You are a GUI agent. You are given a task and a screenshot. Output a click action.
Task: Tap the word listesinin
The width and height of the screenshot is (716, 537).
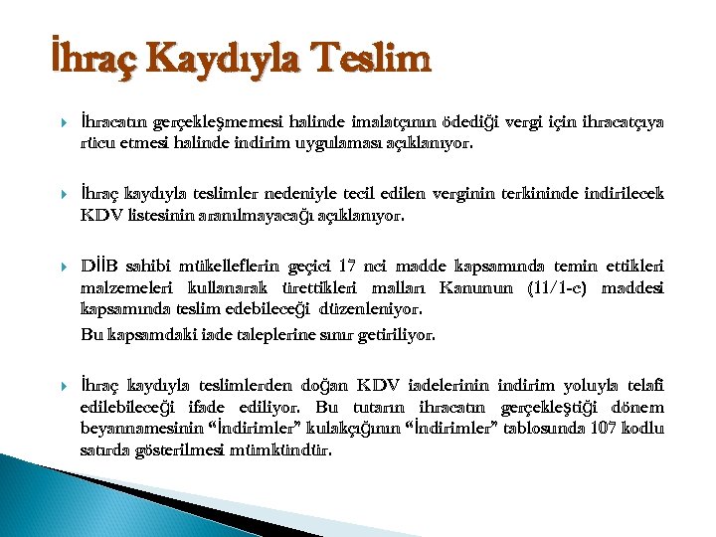pos(159,212)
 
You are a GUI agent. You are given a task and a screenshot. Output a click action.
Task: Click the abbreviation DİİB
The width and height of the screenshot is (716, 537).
pos(101,267)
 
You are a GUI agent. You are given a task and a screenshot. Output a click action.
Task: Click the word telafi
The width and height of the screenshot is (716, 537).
pos(644,386)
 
